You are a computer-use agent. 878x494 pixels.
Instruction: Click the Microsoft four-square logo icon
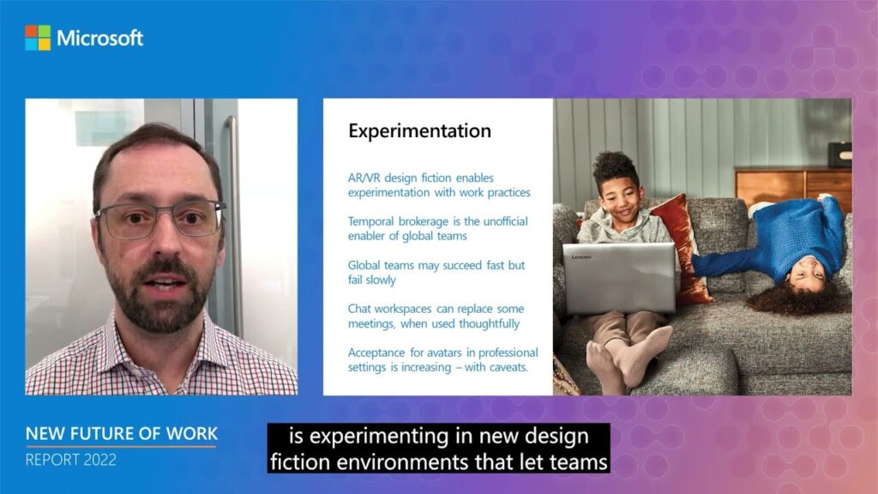(x=38, y=38)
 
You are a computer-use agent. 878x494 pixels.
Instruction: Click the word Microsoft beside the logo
(x=99, y=38)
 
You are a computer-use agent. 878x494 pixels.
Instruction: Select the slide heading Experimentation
(x=419, y=131)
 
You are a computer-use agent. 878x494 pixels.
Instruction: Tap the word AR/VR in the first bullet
(x=363, y=178)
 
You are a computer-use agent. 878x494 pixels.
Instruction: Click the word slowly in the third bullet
(x=380, y=280)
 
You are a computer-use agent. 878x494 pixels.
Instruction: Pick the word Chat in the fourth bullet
(x=359, y=309)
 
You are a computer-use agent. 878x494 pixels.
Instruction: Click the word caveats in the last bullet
(x=508, y=367)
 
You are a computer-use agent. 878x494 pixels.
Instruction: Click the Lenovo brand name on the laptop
(x=581, y=257)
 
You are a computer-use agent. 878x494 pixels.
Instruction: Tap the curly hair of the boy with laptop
(x=615, y=166)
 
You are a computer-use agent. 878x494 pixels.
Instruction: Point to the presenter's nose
(x=162, y=242)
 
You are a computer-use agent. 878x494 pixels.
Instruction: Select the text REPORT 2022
(x=71, y=460)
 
